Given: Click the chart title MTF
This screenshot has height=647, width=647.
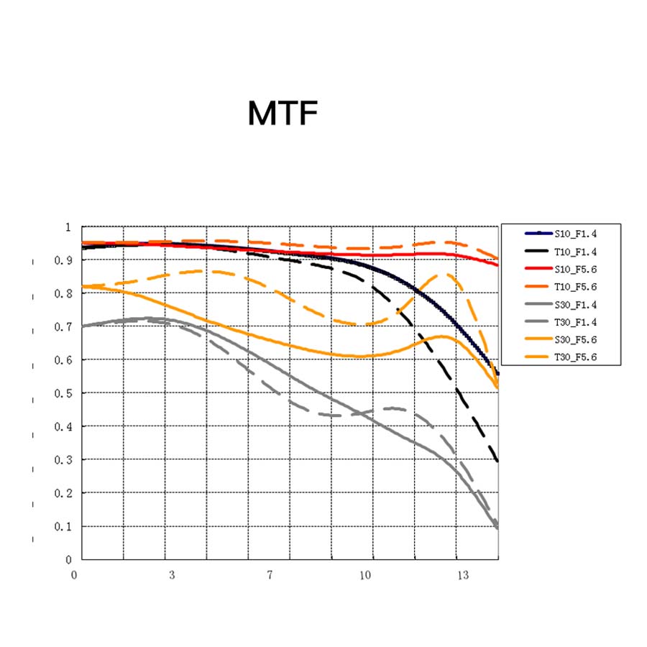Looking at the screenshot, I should coord(282,114).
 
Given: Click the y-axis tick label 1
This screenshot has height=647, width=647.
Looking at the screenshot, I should coord(69,227).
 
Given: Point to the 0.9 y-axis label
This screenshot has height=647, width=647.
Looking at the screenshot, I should coord(64,260).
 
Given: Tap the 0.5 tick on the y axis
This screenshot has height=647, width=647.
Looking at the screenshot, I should coord(64,393).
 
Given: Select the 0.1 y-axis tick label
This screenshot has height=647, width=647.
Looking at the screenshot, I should coord(64,526).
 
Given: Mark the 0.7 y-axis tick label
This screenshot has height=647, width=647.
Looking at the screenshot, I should coord(64,327).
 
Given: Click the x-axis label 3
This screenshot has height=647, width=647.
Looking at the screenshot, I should coord(172,575).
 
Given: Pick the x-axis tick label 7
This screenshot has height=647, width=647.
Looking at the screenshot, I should coord(270,575).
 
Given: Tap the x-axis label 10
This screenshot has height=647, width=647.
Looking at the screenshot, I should coord(366,575).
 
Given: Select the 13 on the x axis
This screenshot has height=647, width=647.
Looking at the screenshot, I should coord(464,575).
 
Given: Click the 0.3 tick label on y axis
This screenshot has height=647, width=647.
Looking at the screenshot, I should coord(64,460).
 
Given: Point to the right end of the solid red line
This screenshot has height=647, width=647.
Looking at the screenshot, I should coord(497,265).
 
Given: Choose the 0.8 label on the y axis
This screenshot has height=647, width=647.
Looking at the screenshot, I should coord(64,293).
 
